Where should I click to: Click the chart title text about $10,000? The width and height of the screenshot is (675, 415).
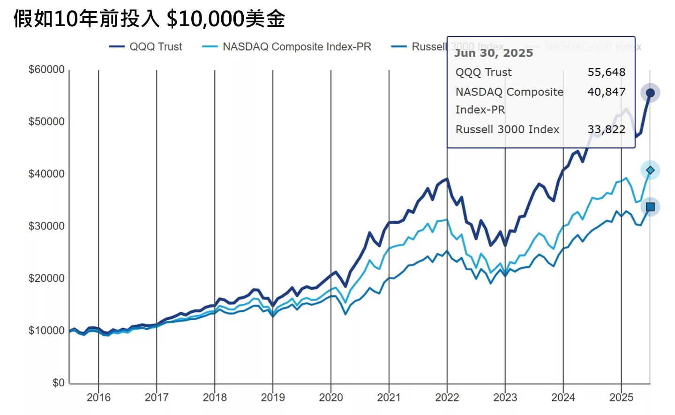pos(149,19)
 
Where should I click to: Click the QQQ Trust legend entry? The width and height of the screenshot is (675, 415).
pos(146,47)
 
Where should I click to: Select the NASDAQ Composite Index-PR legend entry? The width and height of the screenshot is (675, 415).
pos(287,47)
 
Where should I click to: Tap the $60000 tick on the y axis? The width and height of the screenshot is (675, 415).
pos(46,69)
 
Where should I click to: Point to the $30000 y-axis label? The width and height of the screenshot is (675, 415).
pos(46,226)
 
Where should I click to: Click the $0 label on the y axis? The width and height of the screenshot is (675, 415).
pos(58,383)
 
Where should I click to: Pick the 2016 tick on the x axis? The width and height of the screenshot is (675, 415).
pos(98,398)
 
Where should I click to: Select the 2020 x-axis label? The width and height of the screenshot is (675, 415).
pos(331,398)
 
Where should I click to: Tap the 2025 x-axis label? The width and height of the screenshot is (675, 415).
pos(621,398)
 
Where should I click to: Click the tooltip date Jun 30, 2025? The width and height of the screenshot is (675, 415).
pos(494,53)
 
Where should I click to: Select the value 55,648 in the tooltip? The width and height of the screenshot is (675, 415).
pos(606,72)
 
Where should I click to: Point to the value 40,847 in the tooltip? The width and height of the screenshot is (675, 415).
pos(606,92)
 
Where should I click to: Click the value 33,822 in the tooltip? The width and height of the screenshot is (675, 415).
pos(606,129)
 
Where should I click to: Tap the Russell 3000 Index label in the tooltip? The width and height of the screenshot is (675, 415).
pos(507,129)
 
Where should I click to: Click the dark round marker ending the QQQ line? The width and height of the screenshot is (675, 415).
pos(650,93)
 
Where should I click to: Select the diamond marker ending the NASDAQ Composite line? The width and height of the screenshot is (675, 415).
pos(650,170)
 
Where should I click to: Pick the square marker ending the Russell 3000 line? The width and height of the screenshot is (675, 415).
pos(650,207)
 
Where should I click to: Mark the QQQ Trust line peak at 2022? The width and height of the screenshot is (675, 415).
pos(447,179)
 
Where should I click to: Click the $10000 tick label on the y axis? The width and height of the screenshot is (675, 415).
pos(46,331)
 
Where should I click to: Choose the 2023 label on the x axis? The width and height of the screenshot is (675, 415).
pos(505,398)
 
